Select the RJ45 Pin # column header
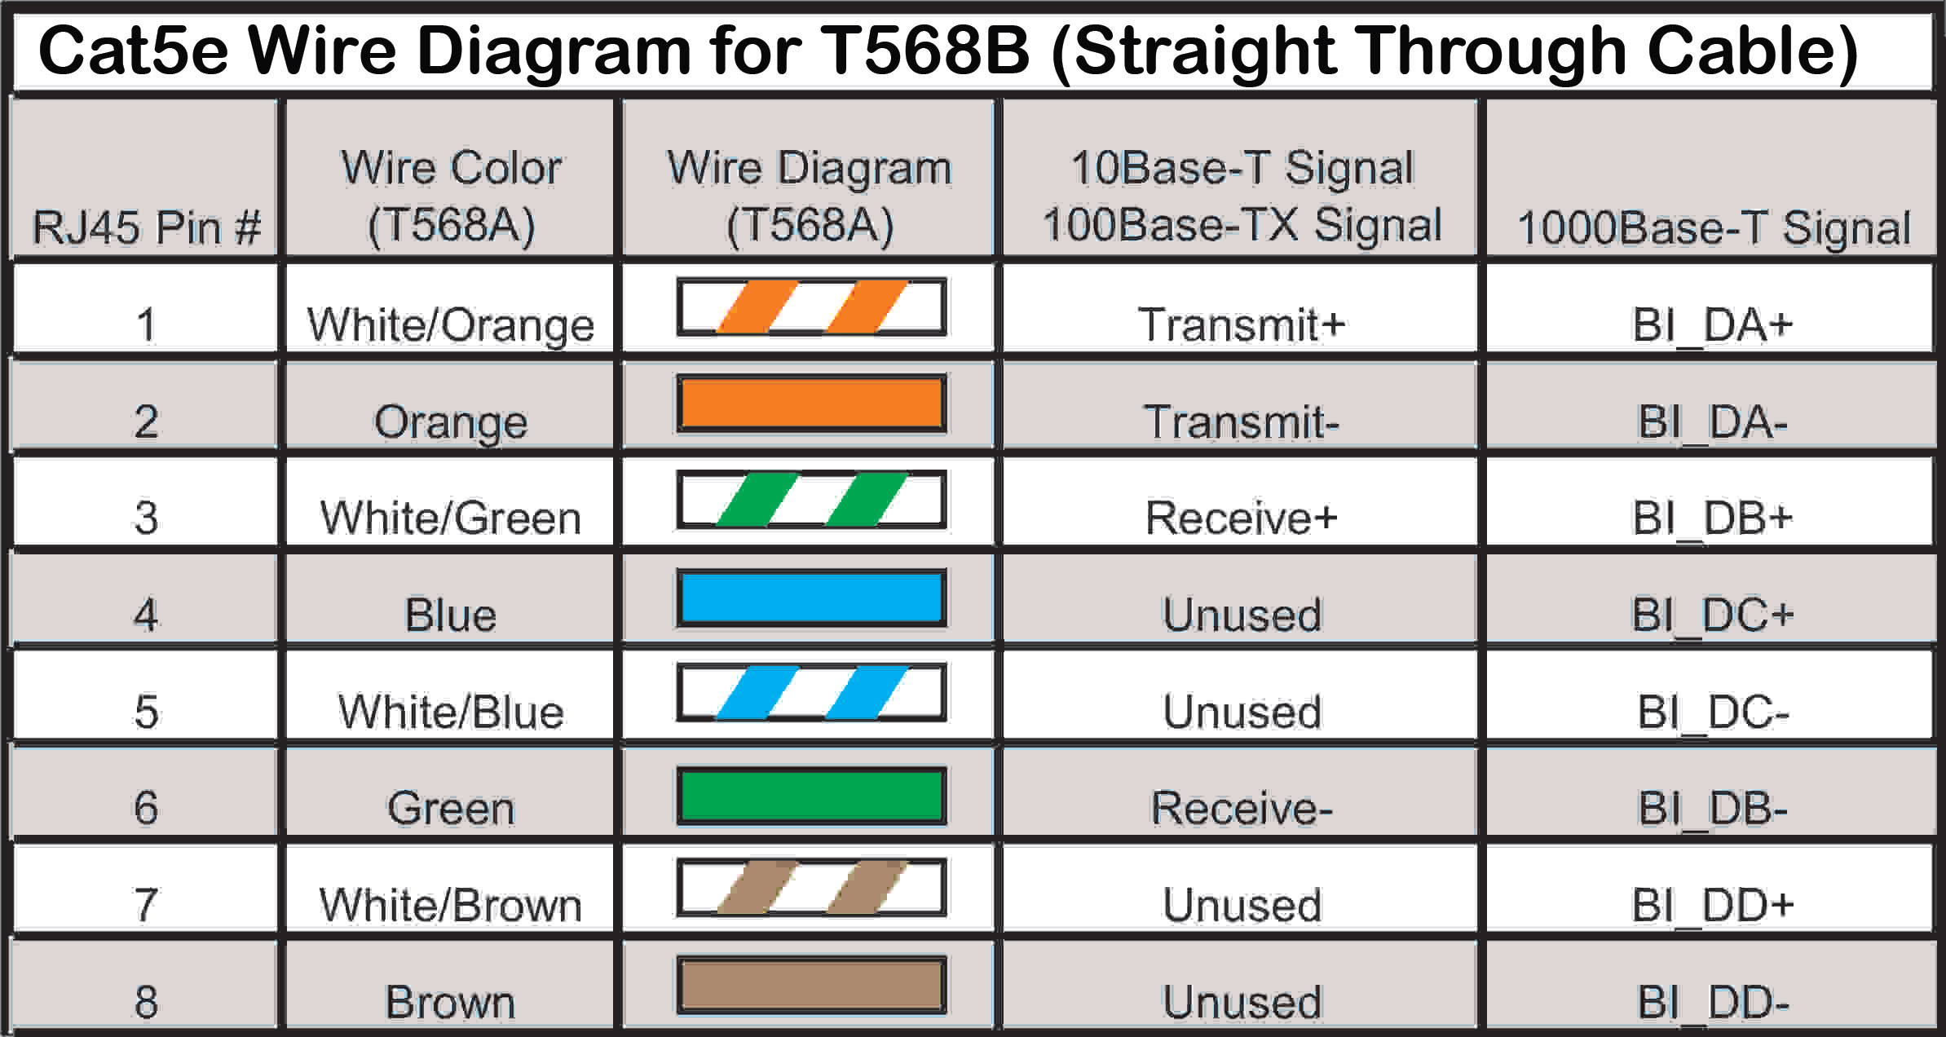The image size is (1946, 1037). [146, 226]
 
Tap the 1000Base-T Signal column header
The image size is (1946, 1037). [1713, 227]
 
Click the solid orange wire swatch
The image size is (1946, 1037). [811, 404]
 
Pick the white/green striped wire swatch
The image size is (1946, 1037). [811, 500]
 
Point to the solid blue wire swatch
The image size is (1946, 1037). [811, 598]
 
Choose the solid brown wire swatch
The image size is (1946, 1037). [811, 985]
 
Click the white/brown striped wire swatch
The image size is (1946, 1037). [811, 888]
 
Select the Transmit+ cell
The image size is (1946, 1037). [1241, 324]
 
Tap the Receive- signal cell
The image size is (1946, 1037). [1241, 808]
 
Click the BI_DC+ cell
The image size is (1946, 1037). [1712, 615]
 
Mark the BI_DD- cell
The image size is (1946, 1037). [1712, 1002]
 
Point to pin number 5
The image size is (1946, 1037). [146, 712]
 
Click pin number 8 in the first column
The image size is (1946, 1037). [146, 1002]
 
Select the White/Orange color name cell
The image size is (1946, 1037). [451, 324]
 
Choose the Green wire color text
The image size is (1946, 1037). [451, 808]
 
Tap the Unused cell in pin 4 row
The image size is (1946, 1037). [1241, 615]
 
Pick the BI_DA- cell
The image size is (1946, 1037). [1712, 421]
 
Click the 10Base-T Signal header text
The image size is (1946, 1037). [1241, 169]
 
